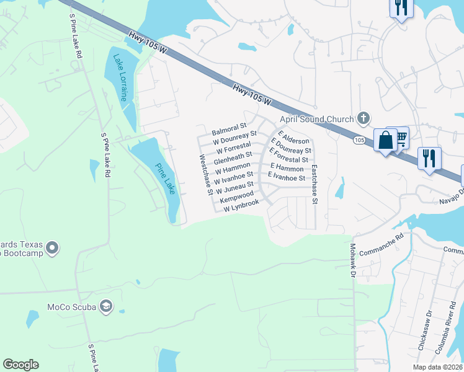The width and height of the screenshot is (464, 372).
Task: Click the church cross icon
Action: (364, 118)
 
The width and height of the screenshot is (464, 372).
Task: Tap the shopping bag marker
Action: (385, 140)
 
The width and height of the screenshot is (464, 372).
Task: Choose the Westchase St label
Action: (206, 175)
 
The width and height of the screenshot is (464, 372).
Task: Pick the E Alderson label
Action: (293, 138)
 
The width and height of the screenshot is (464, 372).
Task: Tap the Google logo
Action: (20, 365)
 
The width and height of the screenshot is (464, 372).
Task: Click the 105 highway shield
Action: (360, 141)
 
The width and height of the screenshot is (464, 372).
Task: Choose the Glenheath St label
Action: (233, 158)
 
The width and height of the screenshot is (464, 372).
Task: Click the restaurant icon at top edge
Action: (401, 8)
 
